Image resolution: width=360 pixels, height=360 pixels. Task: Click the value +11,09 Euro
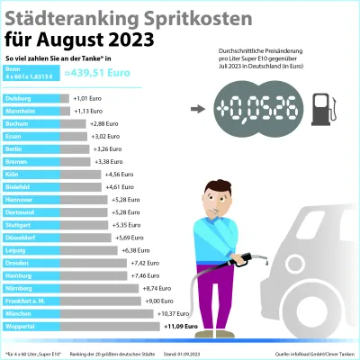[x=182, y=326]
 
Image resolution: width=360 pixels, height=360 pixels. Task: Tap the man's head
[x=214, y=195]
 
